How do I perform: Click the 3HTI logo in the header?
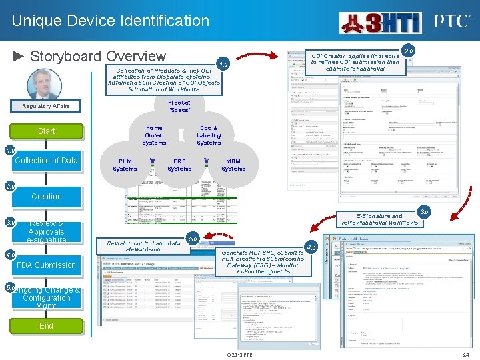(x=380, y=22)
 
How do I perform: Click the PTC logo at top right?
(x=452, y=21)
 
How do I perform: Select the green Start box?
(x=46, y=131)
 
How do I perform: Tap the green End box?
(x=46, y=326)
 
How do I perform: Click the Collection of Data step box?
(x=46, y=161)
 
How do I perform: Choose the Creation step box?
(x=46, y=197)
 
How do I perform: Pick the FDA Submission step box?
(x=46, y=265)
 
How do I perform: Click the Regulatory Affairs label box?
(x=46, y=106)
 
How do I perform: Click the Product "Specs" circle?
(x=179, y=107)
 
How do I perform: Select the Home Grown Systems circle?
(x=154, y=135)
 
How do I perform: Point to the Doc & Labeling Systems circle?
(x=209, y=135)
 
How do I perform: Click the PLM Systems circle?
(x=125, y=165)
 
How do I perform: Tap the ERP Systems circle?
(x=179, y=165)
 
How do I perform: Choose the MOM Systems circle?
(x=233, y=165)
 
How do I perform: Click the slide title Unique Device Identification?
(x=111, y=21)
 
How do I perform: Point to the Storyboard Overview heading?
(x=90, y=56)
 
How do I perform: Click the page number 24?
(x=466, y=355)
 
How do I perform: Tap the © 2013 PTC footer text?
(x=239, y=355)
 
